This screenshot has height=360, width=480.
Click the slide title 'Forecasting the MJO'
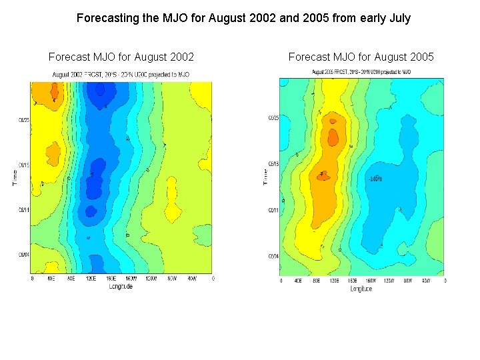coord(243,18)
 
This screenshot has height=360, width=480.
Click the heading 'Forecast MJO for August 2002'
coord(121,57)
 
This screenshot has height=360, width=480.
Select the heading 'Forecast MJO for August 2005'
coord(361,57)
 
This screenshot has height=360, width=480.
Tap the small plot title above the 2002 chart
coord(120,74)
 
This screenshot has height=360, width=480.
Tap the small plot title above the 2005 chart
coord(361,71)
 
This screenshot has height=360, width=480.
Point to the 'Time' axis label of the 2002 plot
coord(15,177)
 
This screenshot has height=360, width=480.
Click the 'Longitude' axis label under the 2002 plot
coord(121,286)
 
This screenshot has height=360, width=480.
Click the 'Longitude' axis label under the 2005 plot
coord(361,289)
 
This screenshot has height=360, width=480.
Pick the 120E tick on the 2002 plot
coord(91,279)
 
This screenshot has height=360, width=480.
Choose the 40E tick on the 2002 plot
coord(51,279)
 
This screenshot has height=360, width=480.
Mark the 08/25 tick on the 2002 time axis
coord(23,121)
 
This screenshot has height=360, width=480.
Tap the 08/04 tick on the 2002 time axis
coord(23,254)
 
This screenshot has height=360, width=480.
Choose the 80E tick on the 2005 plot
coord(316,281)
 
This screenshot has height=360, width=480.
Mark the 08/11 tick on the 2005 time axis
coord(273,210)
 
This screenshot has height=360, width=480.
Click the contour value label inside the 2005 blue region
coord(375,179)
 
